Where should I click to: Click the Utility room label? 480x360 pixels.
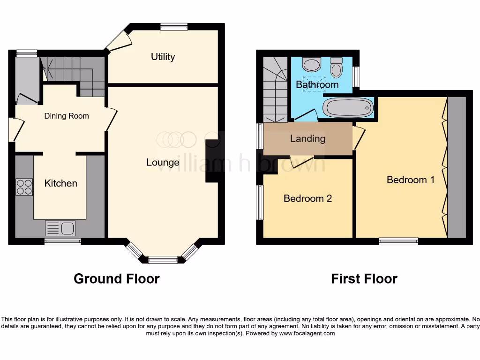tap(163, 57)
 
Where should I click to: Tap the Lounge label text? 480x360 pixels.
tap(163, 163)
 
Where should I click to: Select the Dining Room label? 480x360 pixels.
tap(67, 116)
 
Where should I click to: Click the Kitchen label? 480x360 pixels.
tap(60, 183)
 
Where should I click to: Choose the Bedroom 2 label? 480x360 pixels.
tap(307, 198)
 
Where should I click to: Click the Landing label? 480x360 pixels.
tap(307, 138)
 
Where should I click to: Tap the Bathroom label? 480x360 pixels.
tap(317, 85)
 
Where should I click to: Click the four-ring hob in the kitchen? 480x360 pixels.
tap(24, 187)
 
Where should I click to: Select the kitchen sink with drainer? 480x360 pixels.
tap(60, 228)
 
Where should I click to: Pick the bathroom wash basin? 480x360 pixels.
tap(311, 64)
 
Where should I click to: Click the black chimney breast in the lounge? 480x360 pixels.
tap(212, 161)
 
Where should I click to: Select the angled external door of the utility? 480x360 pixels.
tap(117, 41)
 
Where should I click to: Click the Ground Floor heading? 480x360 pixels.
tap(116, 279)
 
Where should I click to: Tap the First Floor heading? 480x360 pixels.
tap(364, 279)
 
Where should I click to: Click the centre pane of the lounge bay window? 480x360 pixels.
tap(163, 259)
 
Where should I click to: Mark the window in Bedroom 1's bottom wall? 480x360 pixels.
tap(398, 241)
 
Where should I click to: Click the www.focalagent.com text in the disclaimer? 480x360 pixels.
tap(307, 334)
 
